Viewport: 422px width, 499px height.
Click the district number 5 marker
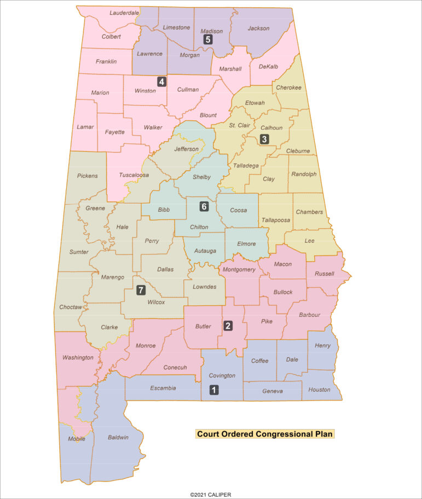[x=207, y=39]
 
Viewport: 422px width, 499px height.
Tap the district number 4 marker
[x=161, y=82]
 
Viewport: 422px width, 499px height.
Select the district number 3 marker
[x=264, y=139]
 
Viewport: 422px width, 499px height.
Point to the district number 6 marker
[x=204, y=206]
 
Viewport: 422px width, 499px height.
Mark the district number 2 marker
[x=228, y=326]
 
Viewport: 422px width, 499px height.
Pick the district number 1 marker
[x=214, y=390]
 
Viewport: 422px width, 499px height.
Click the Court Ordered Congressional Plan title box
[x=264, y=434]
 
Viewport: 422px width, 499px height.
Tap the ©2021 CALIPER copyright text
[x=211, y=495]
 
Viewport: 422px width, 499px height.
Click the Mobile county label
[x=77, y=439]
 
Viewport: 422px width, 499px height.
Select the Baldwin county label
[x=118, y=437]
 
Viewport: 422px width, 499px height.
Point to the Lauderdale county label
[x=124, y=13]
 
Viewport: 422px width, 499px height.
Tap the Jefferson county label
[x=187, y=149]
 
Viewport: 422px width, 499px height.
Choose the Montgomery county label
[x=239, y=270]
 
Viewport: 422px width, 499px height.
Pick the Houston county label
[x=319, y=390]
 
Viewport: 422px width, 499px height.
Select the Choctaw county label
[x=71, y=307]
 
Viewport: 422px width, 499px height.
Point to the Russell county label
[x=325, y=274]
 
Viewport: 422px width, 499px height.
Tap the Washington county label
[x=78, y=357]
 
